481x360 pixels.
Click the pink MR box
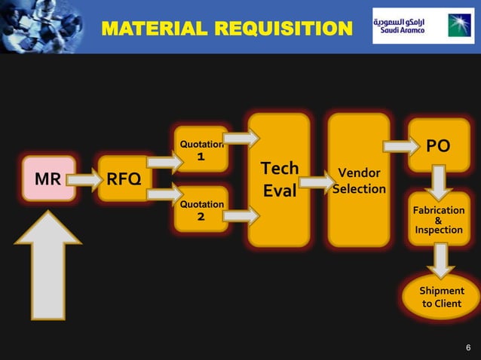(48, 178)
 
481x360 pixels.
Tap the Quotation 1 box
(201, 150)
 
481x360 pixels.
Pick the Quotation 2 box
(201, 209)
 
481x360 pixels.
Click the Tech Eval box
(279, 179)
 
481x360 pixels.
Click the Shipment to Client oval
(442, 297)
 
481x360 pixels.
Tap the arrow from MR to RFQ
(87, 179)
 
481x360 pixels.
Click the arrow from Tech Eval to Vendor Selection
(317, 182)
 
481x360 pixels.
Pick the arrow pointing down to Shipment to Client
(440, 260)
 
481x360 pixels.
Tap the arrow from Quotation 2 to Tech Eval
(240, 216)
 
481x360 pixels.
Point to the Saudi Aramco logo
(422, 26)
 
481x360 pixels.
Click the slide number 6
(468, 347)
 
